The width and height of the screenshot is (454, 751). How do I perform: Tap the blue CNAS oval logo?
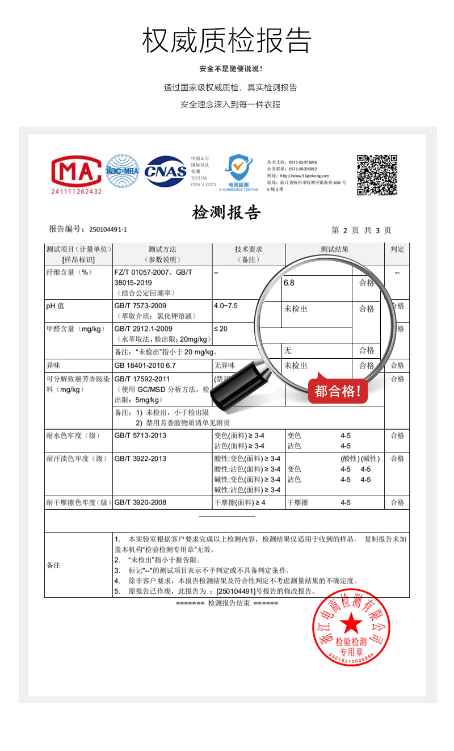pos(165,171)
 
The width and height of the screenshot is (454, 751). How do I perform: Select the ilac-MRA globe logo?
pos(123,171)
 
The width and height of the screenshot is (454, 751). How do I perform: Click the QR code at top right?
pos(377,174)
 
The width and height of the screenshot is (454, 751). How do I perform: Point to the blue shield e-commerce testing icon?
pos(238,170)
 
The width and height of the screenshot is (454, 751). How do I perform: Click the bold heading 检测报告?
pos(226,213)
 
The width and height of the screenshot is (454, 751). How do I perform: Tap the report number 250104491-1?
pos(108,229)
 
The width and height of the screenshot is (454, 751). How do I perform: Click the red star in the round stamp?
pos(351,625)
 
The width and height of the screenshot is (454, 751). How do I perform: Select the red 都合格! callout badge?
pos(338,391)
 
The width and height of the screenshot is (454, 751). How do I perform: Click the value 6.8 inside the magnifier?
pos(289,282)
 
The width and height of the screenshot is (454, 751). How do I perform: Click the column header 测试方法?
pos(162,249)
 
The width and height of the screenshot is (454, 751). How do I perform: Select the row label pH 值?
pos(55,306)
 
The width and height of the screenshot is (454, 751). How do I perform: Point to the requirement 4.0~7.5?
pos(225,306)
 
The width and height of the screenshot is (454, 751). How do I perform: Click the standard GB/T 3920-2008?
pos(141,502)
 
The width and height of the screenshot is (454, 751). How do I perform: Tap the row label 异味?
pos(53,366)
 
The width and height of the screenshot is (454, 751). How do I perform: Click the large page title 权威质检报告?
pos(227,40)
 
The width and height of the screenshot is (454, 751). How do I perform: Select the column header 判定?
pos(397,249)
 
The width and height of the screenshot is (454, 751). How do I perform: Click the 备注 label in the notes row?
pos(53,565)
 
